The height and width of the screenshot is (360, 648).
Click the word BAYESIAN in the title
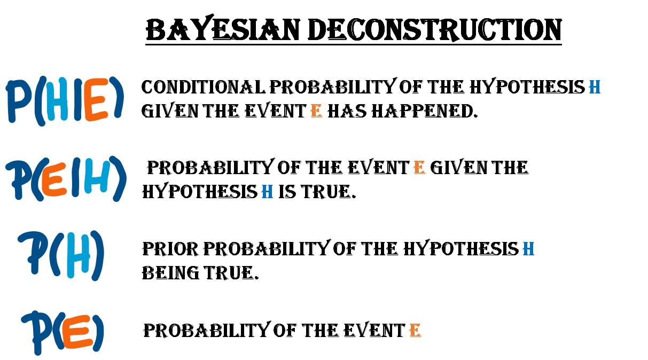pos(222,29)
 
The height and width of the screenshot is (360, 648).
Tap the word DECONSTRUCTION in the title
pos(435,29)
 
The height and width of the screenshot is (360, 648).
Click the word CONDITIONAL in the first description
pos(203,87)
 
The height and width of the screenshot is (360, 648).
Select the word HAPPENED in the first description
pos(424,111)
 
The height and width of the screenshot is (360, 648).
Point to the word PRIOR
pos(170,249)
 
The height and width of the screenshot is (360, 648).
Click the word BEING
pos(170,273)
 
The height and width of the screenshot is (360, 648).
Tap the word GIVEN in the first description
pos(170,111)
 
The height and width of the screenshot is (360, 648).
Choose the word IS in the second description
pos(287,192)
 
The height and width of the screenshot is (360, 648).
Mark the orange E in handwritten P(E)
pos(77,332)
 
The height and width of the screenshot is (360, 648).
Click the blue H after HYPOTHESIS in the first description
pos(595,87)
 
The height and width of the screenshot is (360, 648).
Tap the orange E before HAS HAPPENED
pos(316,111)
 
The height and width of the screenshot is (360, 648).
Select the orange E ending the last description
pos(416,330)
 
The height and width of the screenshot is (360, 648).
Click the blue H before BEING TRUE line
pos(528,249)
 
